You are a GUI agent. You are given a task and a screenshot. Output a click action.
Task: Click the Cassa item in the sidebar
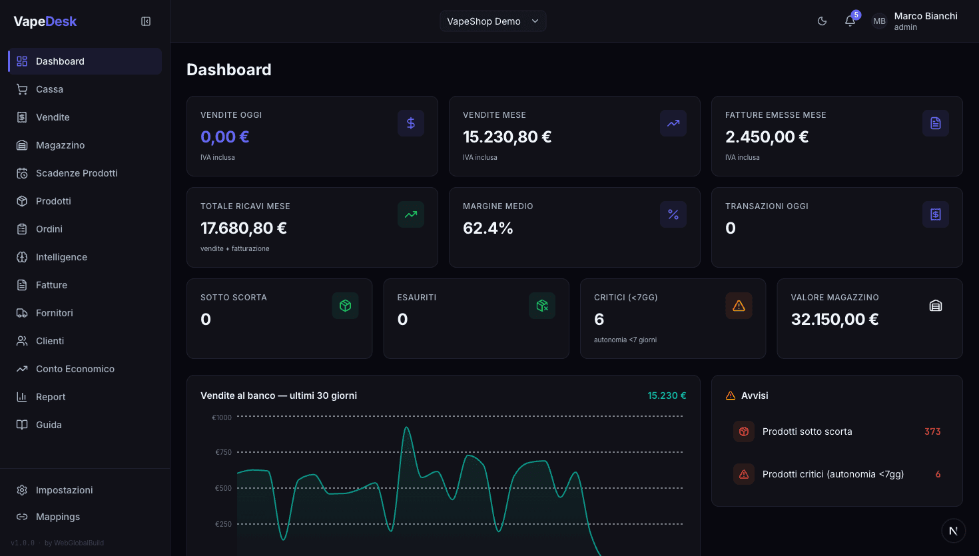(x=49, y=89)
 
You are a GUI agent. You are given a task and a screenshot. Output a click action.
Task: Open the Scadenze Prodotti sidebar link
(x=77, y=173)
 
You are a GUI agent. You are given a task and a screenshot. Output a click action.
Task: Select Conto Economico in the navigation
(x=75, y=369)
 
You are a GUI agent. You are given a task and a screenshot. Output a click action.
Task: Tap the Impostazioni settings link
(x=64, y=490)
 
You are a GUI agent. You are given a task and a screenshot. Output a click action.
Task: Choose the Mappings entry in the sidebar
(x=57, y=517)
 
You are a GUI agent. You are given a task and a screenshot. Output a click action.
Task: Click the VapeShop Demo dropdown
(x=493, y=21)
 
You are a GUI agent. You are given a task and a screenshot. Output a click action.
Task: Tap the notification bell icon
(x=850, y=21)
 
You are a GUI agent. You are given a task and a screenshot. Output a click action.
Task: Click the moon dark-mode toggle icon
(x=822, y=21)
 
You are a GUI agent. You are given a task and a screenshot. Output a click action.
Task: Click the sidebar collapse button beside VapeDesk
(x=146, y=21)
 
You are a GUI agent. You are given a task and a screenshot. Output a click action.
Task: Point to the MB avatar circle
(x=879, y=21)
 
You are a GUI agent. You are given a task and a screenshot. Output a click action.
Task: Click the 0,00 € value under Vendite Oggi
(x=224, y=137)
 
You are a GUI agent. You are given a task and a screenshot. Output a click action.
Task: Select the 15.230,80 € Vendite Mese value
(x=507, y=137)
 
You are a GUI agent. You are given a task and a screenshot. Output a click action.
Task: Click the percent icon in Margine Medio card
(x=673, y=214)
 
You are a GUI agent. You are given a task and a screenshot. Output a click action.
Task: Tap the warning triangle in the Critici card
(x=739, y=306)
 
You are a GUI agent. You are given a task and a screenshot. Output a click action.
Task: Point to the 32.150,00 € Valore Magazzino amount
(x=834, y=320)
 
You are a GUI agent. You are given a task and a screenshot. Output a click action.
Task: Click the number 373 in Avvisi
(x=932, y=431)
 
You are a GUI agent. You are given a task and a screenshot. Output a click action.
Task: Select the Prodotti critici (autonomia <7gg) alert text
(x=832, y=474)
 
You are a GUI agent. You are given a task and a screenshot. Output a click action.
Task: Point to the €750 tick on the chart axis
(x=223, y=452)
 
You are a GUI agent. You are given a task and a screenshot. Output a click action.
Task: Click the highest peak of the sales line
(x=406, y=427)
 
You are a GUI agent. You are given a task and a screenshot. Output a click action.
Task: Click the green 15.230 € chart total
(x=667, y=396)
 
